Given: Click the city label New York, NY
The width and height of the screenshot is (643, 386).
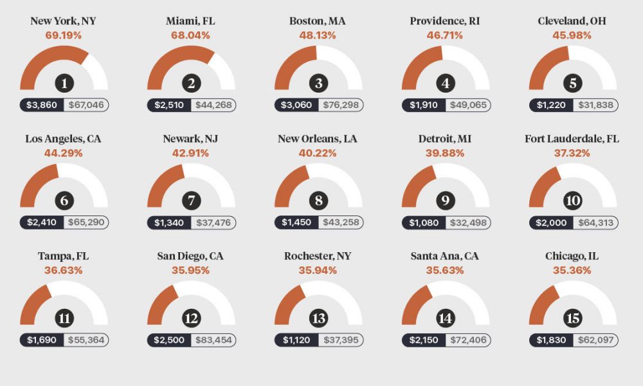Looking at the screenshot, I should (x=63, y=21).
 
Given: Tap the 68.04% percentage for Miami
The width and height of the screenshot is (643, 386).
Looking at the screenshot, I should (x=190, y=35).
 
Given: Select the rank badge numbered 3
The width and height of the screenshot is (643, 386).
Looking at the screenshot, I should (x=318, y=83).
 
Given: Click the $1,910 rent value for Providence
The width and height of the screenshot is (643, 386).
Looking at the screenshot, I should (x=424, y=105).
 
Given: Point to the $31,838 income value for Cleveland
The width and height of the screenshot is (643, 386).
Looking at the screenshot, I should (x=595, y=105).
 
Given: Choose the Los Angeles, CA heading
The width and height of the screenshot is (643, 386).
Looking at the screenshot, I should (x=63, y=139).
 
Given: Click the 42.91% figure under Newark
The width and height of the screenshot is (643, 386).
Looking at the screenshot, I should (x=190, y=153).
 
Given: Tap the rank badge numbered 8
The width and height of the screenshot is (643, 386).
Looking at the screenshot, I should (x=318, y=201).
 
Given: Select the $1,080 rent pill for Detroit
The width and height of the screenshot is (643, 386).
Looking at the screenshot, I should (x=424, y=223).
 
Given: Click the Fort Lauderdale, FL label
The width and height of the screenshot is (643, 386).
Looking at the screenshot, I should (x=572, y=139).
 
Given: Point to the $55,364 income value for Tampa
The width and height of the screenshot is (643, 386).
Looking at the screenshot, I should (x=86, y=340).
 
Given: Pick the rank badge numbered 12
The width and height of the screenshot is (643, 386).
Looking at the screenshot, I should (x=191, y=318).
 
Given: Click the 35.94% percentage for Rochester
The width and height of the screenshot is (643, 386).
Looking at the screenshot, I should (x=317, y=270).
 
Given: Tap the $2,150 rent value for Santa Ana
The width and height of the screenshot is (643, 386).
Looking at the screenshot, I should (x=424, y=340).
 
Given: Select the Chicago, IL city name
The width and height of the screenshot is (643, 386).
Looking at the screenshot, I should (x=572, y=256).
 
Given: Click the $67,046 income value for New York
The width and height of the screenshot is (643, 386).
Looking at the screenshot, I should (x=86, y=105).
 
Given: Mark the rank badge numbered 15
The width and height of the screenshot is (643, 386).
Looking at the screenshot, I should (x=573, y=318).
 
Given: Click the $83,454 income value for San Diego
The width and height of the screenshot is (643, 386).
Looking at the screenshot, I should (x=213, y=340).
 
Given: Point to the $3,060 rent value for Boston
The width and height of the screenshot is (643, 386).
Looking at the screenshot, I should (x=296, y=105).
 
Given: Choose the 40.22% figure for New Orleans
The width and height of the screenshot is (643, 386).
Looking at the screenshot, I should (x=317, y=153).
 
